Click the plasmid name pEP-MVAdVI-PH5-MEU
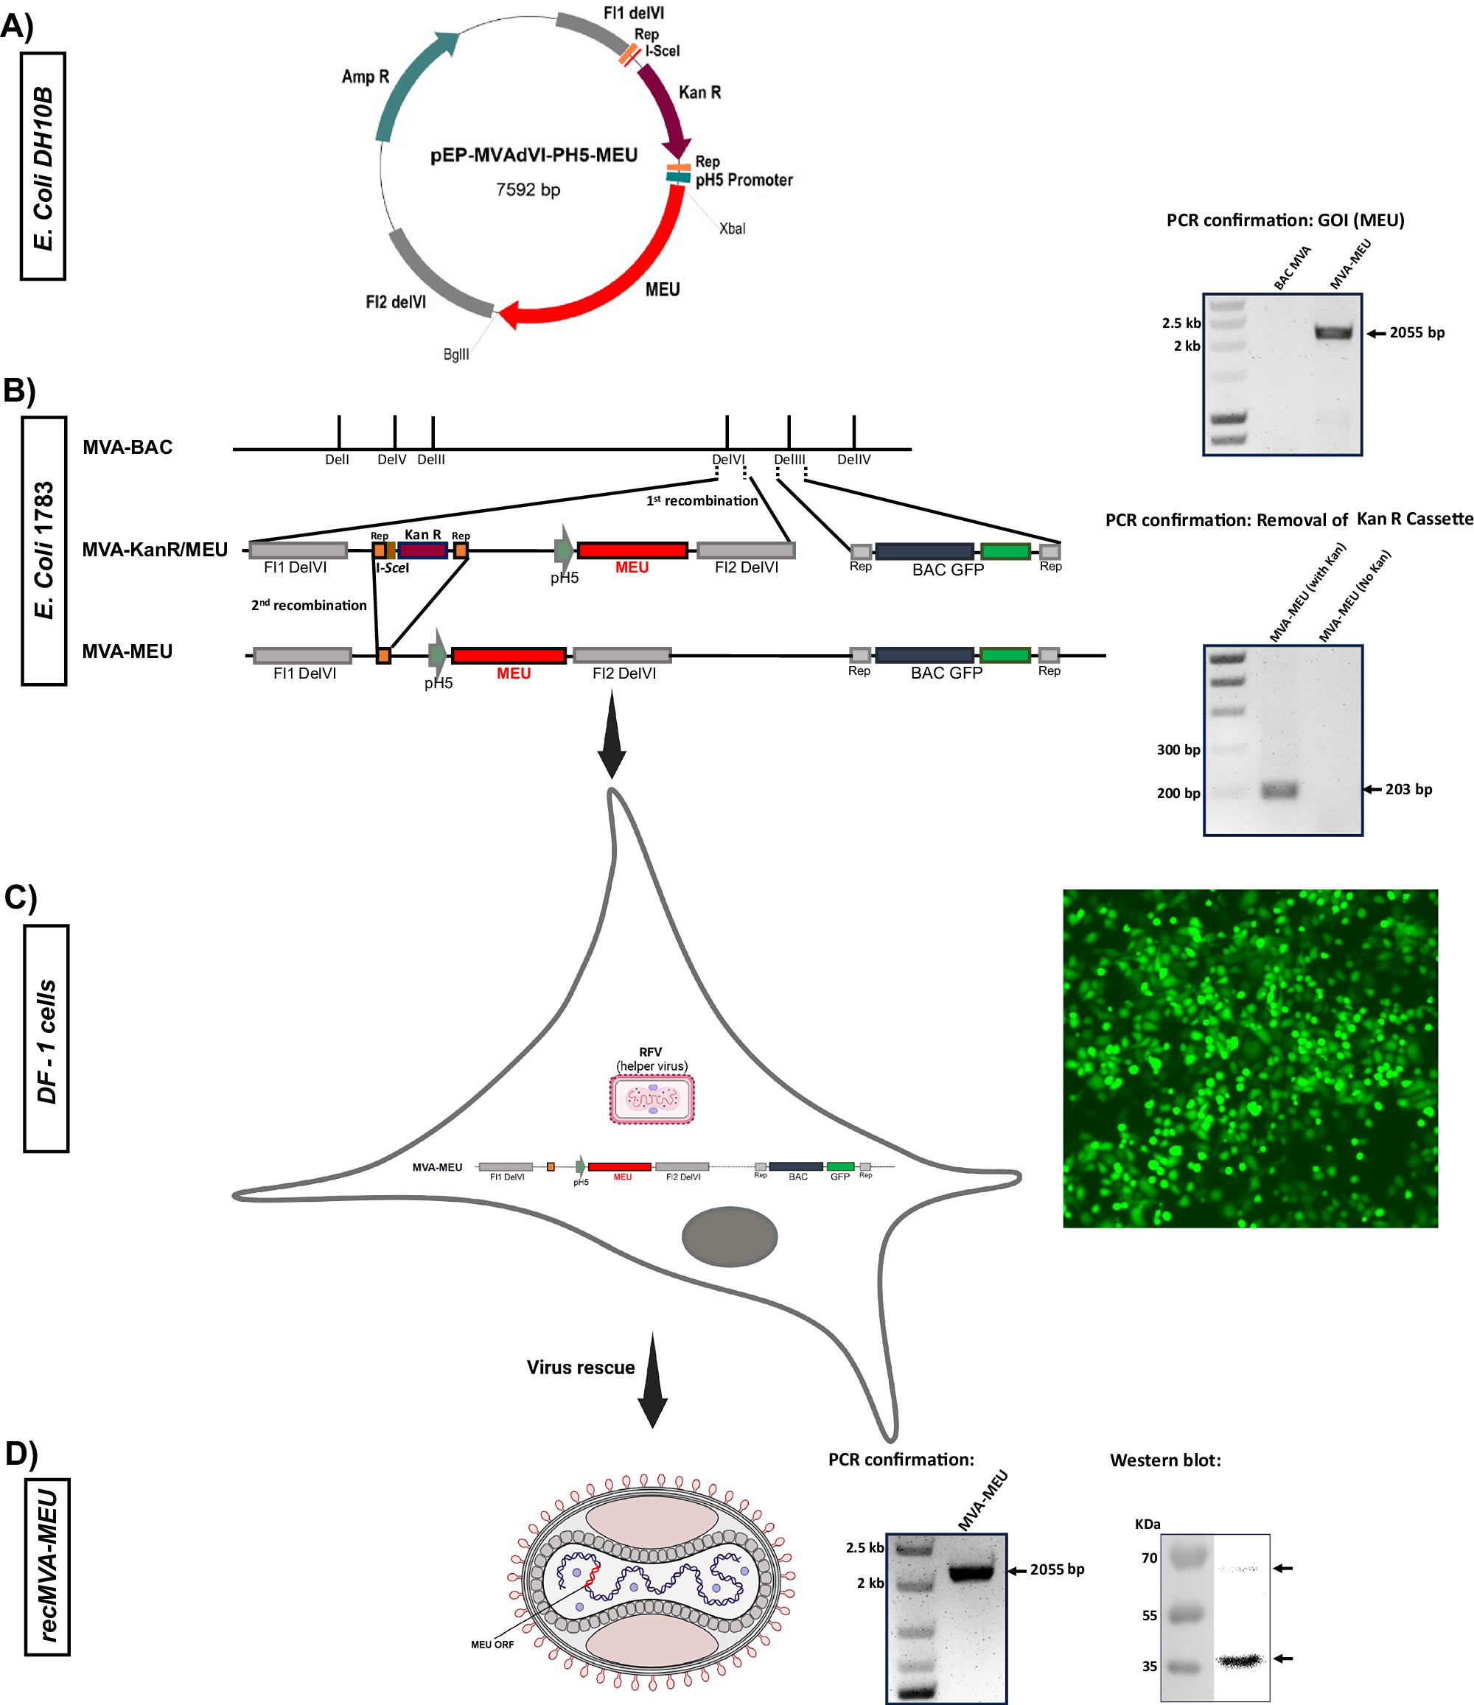coord(534,155)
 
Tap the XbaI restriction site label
coord(732,228)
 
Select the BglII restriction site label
coord(456,354)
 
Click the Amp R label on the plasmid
coord(365,77)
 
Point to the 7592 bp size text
coord(528,190)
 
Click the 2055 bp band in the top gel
coord(1332,332)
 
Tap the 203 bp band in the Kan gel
coord(1279,790)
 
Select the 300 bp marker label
coord(1178,749)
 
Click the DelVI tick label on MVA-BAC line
coord(727,460)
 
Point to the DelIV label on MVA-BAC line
coord(853,460)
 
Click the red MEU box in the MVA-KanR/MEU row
coord(632,550)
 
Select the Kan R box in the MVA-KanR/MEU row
coord(422,550)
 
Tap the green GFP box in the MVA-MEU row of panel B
coord(1005,656)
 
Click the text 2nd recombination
coord(309,606)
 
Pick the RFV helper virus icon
coord(651,1099)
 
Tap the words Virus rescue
coord(580,1368)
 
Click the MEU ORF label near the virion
coord(492,1645)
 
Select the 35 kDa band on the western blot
coord(1239,1661)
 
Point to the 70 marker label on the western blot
coord(1149,1558)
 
